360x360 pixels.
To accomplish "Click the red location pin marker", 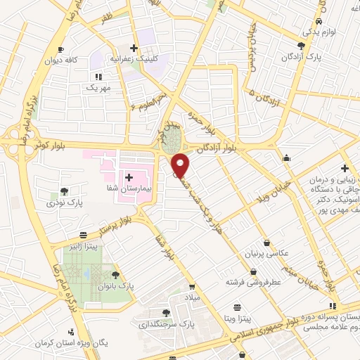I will point(181,165).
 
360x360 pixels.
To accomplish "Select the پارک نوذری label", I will point(65,202).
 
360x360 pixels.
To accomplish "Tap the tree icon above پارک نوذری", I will point(64,191).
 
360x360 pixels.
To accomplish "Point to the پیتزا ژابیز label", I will point(83,246).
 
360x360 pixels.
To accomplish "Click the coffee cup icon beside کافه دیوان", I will point(61,49).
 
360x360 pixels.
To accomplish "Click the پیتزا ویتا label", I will point(239,319).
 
